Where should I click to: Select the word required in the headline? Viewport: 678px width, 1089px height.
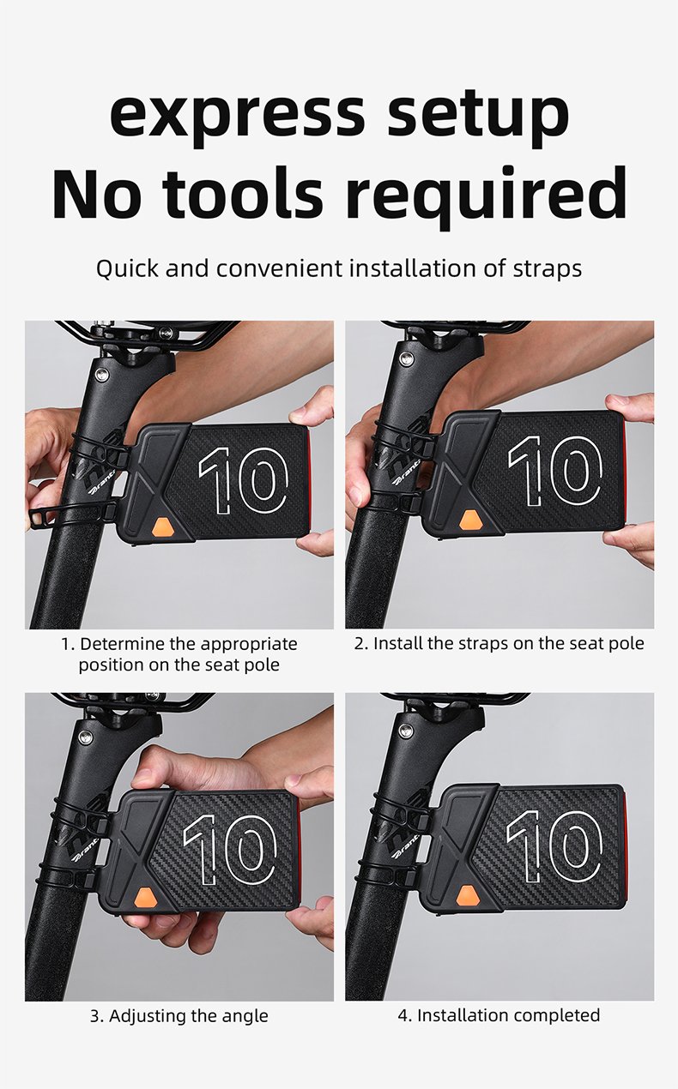(485, 197)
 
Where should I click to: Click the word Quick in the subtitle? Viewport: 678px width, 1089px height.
(127, 269)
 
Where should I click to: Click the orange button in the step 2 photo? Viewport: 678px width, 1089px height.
(471, 520)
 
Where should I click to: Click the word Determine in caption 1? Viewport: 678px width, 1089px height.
(123, 644)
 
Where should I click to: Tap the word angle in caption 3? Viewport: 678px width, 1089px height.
(245, 1015)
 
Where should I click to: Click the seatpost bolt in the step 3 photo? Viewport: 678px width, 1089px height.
(86, 737)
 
